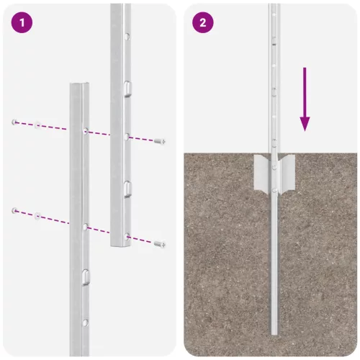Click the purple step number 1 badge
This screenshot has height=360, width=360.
[x=22, y=22]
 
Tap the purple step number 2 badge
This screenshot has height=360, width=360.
[x=202, y=22]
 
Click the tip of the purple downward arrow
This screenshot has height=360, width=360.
[x=305, y=130]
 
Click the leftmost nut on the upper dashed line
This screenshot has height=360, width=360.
[x=14, y=122]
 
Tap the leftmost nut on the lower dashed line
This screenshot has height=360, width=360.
[x=14, y=210]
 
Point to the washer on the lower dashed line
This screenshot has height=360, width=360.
[x=37, y=214]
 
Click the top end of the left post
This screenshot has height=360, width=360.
[x=78, y=86]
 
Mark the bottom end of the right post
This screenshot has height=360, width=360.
[x=121, y=245]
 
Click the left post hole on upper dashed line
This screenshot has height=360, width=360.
[x=86, y=131]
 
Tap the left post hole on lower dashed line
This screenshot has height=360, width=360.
[x=86, y=226]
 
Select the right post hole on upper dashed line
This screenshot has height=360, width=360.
[x=127, y=135]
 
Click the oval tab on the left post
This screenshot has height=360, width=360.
[x=86, y=275]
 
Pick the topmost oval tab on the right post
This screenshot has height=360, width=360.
[x=127, y=87]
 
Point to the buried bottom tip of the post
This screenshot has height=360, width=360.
[x=274, y=333]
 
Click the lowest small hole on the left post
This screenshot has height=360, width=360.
[x=86, y=320]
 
